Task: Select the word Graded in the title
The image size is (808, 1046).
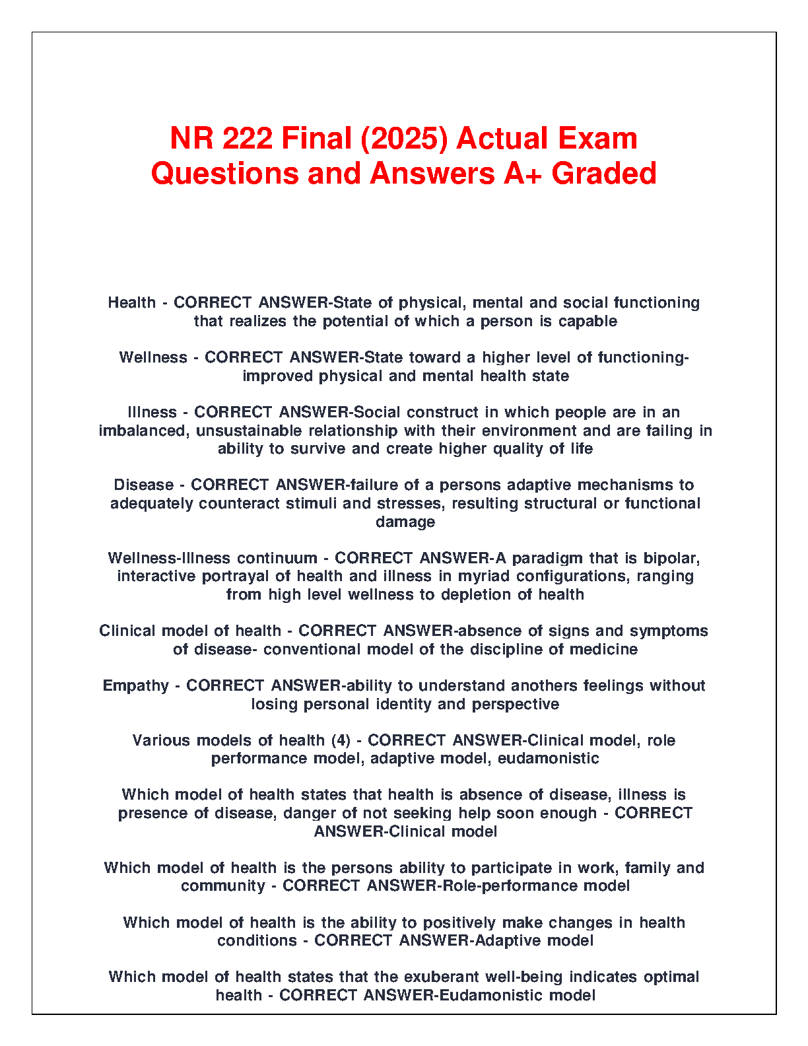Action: click(x=603, y=173)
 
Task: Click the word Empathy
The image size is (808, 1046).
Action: click(x=135, y=685)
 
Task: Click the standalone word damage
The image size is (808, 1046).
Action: click(x=405, y=522)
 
